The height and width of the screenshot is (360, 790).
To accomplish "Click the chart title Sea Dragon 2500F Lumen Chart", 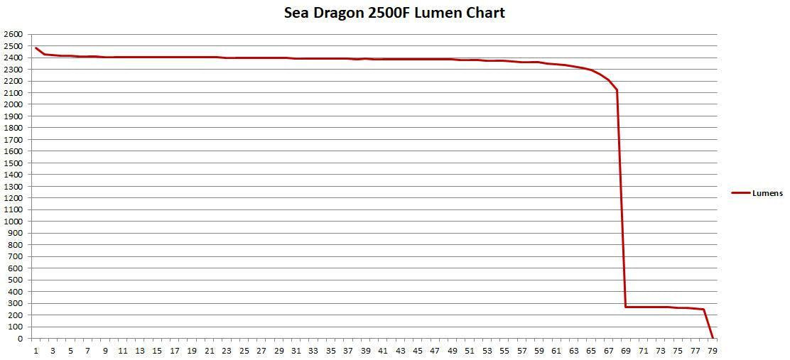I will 394,13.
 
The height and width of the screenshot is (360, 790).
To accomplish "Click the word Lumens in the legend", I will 767,193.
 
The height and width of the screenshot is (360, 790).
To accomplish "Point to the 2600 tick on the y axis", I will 13,34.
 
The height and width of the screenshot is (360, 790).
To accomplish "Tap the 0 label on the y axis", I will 19,339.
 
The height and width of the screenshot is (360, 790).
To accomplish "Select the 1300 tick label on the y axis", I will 13,186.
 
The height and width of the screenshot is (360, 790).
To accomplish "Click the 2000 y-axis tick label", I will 13,104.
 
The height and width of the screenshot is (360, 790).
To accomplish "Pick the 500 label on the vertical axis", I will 15,280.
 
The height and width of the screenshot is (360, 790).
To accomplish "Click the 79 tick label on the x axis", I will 713,351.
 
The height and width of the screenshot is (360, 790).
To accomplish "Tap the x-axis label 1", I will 36,351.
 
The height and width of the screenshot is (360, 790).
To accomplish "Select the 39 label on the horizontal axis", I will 365,351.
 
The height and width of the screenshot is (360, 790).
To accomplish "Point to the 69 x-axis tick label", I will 626,351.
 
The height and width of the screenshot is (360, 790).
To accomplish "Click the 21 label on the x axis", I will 209,351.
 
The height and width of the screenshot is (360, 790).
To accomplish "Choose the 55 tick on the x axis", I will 504,351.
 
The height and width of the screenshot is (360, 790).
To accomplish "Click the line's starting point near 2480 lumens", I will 36,48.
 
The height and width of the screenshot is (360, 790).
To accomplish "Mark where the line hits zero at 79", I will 713,338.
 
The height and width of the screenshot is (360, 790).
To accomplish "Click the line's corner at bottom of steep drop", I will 626,307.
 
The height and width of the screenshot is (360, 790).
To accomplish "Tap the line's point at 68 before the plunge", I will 617,90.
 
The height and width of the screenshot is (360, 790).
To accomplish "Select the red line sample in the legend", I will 740,193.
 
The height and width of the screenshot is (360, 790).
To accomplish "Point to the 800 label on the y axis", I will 15,245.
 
